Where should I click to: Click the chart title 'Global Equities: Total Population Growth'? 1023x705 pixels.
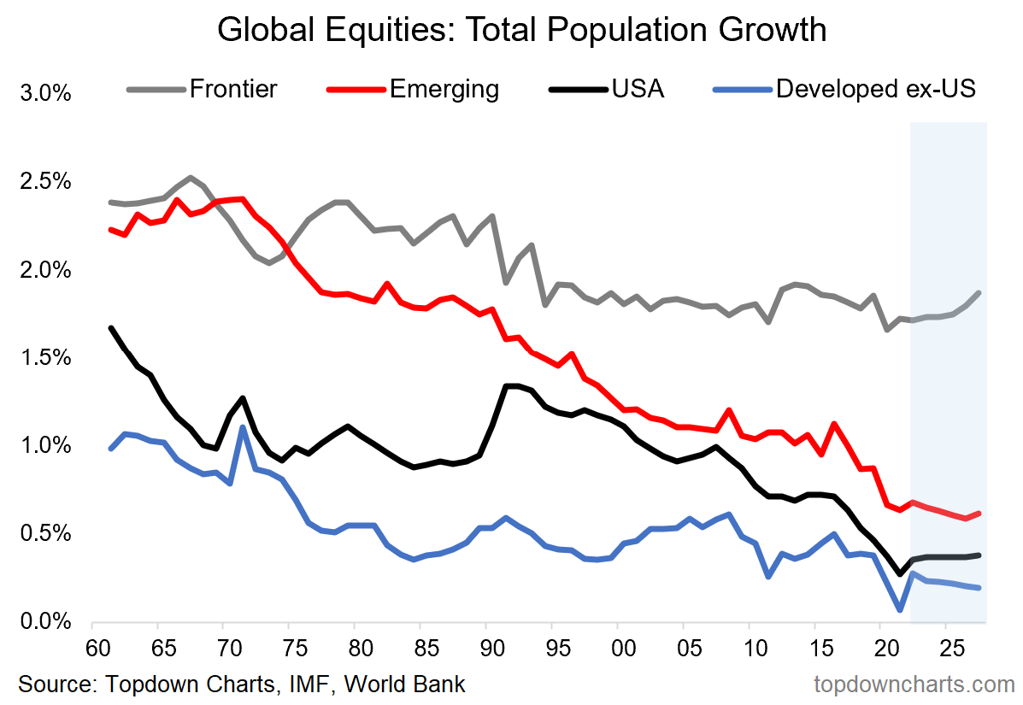click(x=521, y=30)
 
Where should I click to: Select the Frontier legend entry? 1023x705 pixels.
click(x=233, y=89)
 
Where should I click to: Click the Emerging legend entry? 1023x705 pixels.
click(x=444, y=89)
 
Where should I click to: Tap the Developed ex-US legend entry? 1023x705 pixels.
click(x=875, y=89)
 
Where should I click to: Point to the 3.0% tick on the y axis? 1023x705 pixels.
click(x=44, y=93)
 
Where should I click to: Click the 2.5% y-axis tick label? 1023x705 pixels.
click(x=44, y=181)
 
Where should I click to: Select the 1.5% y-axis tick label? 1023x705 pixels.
click(x=44, y=357)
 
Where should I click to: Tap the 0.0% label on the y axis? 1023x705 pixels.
click(x=44, y=621)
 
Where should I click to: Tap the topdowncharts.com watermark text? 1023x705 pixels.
click(x=914, y=684)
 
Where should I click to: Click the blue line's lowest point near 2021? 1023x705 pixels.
click(x=900, y=609)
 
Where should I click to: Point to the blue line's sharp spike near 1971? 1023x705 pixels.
click(x=244, y=427)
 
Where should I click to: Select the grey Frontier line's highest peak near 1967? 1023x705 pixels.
click(x=190, y=178)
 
